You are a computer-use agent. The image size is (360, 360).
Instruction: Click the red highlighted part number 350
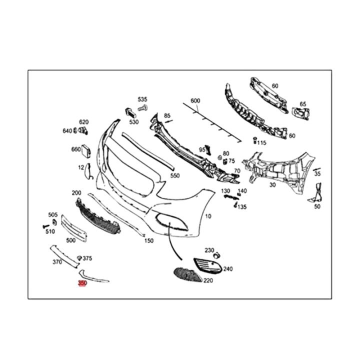coord(82,283)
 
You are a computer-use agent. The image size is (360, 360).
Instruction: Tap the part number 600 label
coord(195,100)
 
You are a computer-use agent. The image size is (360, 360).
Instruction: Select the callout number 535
coord(143,99)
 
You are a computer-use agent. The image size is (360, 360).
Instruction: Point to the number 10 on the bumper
coord(208,216)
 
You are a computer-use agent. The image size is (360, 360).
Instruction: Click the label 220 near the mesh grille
coord(207,281)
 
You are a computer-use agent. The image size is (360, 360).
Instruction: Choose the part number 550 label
coord(174,176)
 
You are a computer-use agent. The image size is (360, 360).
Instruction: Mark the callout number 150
coord(149,240)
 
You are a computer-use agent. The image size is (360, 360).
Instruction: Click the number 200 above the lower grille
coord(76,192)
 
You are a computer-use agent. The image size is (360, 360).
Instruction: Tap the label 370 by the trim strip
coord(56,261)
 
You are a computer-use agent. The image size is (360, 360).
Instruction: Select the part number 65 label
coord(302,104)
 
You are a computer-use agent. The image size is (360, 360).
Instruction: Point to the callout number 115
coord(262,142)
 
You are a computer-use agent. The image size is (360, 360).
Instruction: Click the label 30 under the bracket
coord(286,184)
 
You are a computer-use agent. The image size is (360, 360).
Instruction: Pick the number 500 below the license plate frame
coord(70,240)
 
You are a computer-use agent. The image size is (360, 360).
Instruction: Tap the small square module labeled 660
coord(86,149)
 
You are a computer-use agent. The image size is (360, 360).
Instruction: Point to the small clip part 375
coord(78,258)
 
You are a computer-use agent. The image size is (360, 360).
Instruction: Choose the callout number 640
coord(67,131)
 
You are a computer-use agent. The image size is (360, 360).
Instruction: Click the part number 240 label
coord(228,269)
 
